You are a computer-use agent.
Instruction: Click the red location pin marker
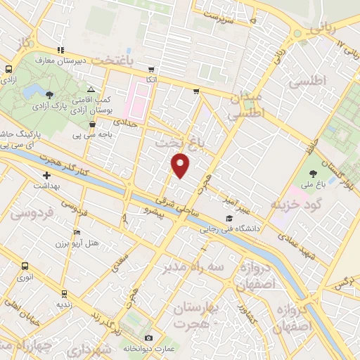[x=181, y=165]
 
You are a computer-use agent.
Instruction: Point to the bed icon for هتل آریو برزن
[x=77, y=233]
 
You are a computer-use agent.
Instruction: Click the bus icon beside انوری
[x=25, y=266]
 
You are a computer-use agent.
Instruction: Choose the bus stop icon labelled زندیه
[x=64, y=294]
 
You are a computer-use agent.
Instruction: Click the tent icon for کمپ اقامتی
[x=91, y=89]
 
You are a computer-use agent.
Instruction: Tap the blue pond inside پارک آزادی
[x=32, y=91]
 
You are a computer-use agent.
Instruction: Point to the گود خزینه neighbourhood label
[x=294, y=202]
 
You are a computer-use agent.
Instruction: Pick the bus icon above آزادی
[x=9, y=69]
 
